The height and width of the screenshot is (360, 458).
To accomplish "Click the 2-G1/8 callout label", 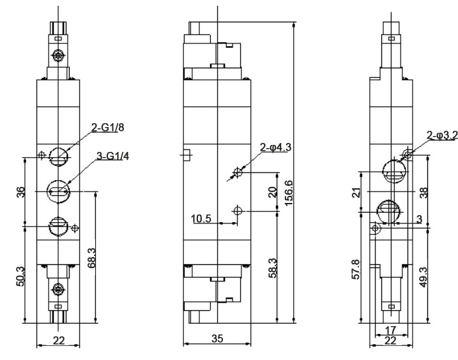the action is (107, 127).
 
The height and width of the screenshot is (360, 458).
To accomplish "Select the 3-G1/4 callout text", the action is (112, 156).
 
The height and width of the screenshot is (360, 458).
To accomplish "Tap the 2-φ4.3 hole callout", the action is (276, 147).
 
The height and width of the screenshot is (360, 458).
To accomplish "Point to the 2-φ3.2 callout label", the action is (441, 135).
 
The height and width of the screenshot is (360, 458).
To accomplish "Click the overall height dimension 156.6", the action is (288, 193).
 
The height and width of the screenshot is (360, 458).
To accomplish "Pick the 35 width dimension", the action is (217, 339).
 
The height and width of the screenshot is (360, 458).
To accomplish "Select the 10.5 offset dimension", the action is (201, 219).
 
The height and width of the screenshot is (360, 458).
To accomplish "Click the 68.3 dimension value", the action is (91, 258).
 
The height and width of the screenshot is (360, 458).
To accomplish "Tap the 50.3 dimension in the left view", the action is (20, 276).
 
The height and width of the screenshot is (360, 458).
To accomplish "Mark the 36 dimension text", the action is (20, 192).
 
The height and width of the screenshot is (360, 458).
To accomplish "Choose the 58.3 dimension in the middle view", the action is (273, 267).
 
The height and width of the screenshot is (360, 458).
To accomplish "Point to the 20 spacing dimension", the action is (272, 192).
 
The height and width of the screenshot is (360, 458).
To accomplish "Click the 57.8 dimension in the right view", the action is (356, 269).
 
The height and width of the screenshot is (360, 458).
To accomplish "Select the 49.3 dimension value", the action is (424, 278).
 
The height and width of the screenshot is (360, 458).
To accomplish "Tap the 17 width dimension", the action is (390, 330).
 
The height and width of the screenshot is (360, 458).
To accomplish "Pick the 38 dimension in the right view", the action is (424, 192).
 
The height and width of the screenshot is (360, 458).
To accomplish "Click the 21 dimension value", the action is (356, 192).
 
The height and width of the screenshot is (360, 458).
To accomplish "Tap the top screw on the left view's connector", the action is (58, 55).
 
